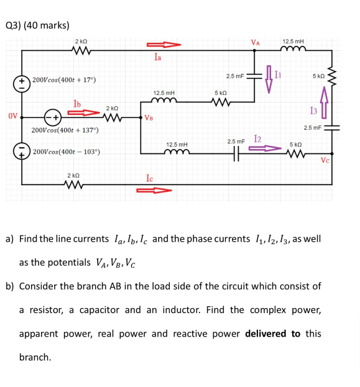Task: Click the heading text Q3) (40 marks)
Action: (x=37, y=25)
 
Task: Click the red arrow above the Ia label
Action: (x=164, y=45)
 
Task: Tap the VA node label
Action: (x=254, y=42)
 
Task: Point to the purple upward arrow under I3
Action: (x=324, y=102)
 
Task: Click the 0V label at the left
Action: (x=12, y=116)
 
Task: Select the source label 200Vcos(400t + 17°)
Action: (x=64, y=81)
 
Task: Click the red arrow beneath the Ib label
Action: (x=83, y=112)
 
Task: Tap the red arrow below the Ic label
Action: (x=153, y=190)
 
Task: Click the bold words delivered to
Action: (x=274, y=334)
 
